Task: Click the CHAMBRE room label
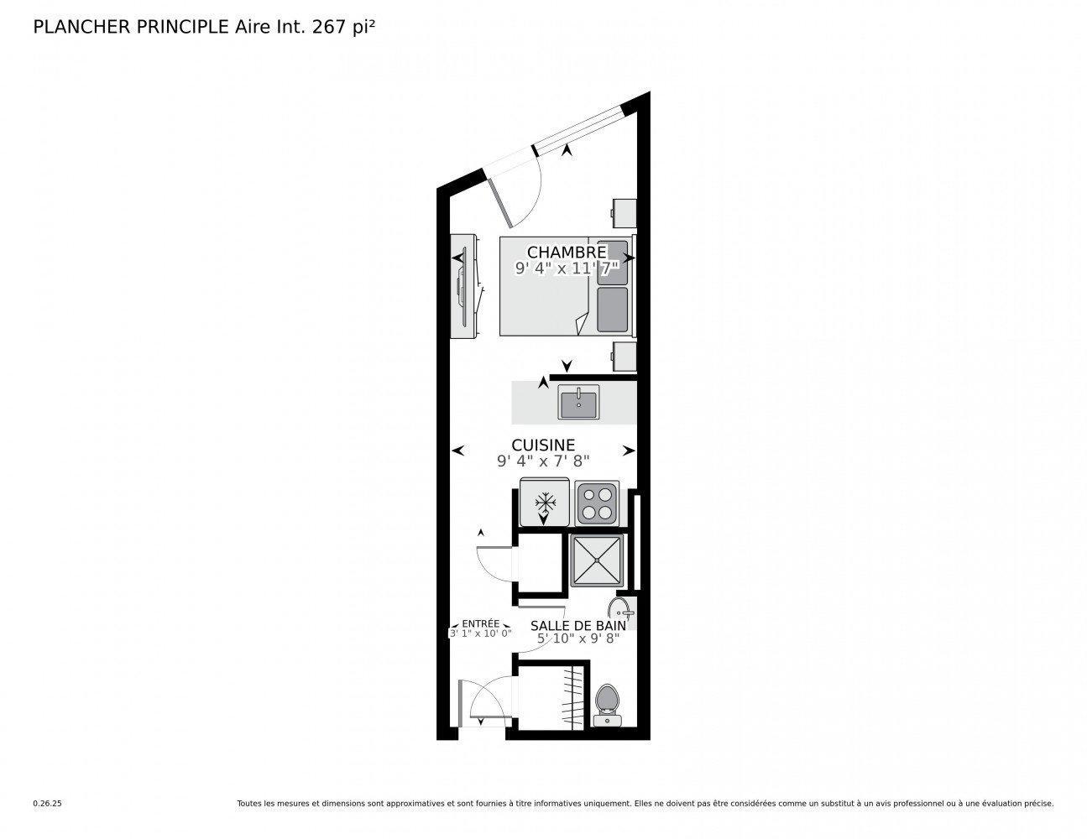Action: (567, 252)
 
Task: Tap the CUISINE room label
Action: (543, 445)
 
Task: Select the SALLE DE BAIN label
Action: (577, 625)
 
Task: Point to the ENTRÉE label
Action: (481, 624)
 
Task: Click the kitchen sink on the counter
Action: (578, 404)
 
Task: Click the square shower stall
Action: (597, 560)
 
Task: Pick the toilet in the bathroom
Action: (606, 704)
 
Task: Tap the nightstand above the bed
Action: (624, 211)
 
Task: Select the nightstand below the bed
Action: (625, 356)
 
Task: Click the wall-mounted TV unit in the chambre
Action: (464, 286)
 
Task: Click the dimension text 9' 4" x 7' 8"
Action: (543, 461)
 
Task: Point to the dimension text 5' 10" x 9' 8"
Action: (577, 638)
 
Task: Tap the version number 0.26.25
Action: (48, 803)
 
